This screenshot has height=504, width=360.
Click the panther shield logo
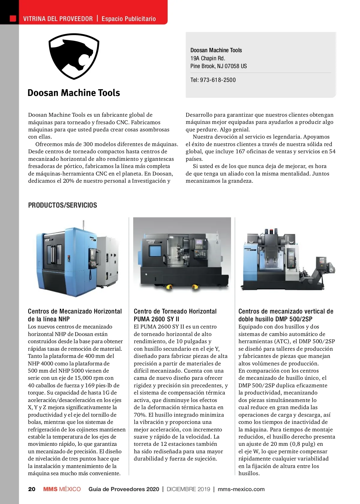pyautogui.click(x=74, y=56)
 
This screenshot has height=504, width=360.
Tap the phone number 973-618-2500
pyautogui.click(x=218, y=80)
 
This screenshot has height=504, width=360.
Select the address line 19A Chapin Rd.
pyautogui.click(x=208, y=58)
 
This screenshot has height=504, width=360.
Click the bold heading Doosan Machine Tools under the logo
pyautogui.click(x=74, y=93)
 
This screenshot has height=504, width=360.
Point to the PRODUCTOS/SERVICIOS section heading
pyautogui.click(x=62, y=205)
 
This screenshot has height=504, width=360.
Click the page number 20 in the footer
pyautogui.click(x=31, y=489)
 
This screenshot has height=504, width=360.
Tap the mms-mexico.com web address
pyautogui.click(x=241, y=489)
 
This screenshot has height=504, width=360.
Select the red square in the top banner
pyautogui.click(x=13, y=19)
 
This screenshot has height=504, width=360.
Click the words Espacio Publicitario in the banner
pyautogui.click(x=129, y=19)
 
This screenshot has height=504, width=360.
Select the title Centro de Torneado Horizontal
pyautogui.click(x=175, y=311)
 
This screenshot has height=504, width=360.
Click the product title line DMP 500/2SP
pyautogui.click(x=275, y=319)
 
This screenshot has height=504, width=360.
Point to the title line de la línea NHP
pyautogui.click(x=49, y=319)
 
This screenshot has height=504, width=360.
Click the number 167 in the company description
pyautogui.click(x=240, y=151)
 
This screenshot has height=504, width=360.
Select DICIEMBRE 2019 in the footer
pyautogui.click(x=188, y=489)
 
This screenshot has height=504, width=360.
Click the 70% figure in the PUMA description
pyautogui.click(x=139, y=415)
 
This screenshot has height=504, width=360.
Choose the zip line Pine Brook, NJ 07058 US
pyautogui.click(x=218, y=66)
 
